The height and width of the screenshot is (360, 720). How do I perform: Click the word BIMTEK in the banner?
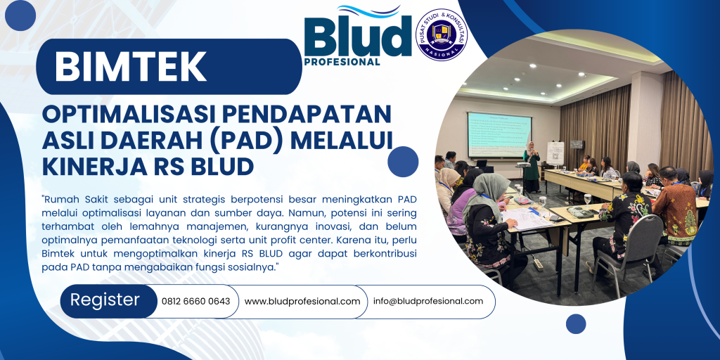click(x=130, y=67)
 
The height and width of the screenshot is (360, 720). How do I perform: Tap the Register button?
click(x=105, y=300)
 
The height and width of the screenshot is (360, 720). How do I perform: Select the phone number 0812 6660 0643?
click(x=195, y=301)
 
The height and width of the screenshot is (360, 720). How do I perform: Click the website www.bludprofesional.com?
click(x=302, y=301)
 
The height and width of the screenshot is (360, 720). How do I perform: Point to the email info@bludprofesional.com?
click(x=428, y=301)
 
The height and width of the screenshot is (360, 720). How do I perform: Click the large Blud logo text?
click(x=357, y=37)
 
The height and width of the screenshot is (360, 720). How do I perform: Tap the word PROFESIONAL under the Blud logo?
click(x=342, y=61)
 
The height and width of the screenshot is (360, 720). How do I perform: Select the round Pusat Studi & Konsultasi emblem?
click(x=442, y=34)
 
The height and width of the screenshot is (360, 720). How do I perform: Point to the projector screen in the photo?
click(x=499, y=134)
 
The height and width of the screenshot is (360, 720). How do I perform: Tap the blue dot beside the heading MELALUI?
click(x=402, y=161)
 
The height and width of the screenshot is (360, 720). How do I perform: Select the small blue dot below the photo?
click(x=576, y=323)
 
